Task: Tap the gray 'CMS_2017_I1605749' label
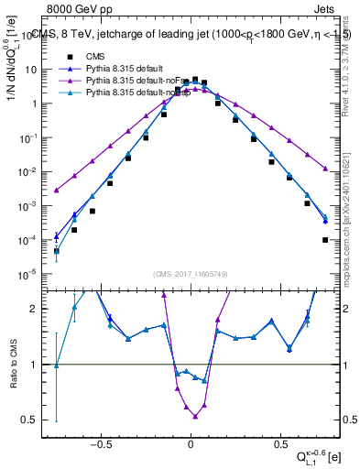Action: click(x=191, y=275)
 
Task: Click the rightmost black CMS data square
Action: click(x=325, y=240)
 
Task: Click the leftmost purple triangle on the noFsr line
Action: click(x=57, y=191)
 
